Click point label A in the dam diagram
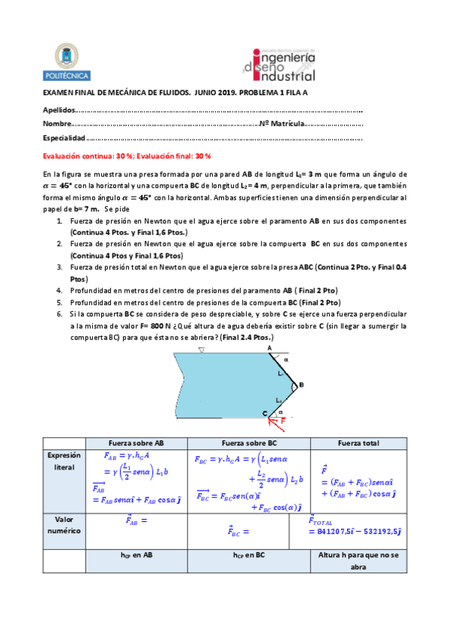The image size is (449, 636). coord(268,348)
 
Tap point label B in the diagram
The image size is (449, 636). coord(301,385)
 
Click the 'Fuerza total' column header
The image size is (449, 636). coord(358,442)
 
